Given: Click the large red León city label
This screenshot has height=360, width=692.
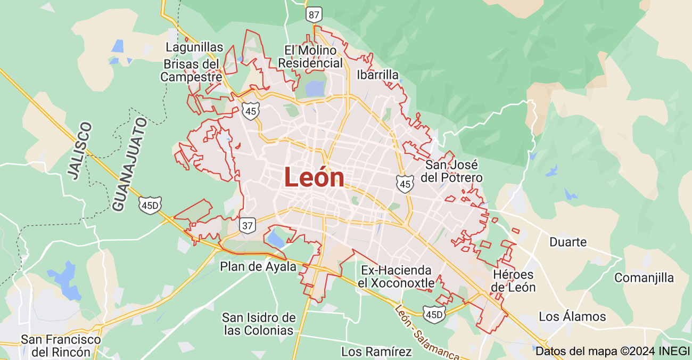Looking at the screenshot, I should (314, 177).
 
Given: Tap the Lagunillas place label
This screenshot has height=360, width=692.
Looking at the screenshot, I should (194, 47).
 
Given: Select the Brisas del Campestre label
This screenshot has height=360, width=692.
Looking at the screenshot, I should (191, 70).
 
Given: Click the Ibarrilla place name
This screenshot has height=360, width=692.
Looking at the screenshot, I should (377, 75).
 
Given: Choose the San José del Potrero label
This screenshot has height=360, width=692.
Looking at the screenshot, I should (451, 171).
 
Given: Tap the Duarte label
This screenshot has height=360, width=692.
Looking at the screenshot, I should (568, 242).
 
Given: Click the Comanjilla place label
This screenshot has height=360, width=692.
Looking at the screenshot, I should (644, 277).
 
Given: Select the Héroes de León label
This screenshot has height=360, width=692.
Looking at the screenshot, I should (513, 281).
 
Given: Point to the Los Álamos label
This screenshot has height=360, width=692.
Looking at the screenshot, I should (572, 316).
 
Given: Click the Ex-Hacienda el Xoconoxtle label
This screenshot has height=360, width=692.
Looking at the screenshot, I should (396, 276).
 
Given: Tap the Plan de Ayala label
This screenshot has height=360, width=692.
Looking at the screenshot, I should (258, 266).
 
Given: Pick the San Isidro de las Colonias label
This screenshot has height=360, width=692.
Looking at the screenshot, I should (259, 324).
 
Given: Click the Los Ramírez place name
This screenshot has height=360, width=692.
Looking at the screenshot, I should (376, 351).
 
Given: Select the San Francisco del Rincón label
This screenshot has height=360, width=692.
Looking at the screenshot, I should (61, 346).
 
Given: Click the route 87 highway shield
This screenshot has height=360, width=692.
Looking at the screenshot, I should (314, 14).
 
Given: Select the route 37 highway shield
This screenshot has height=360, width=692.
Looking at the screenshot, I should (247, 225).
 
